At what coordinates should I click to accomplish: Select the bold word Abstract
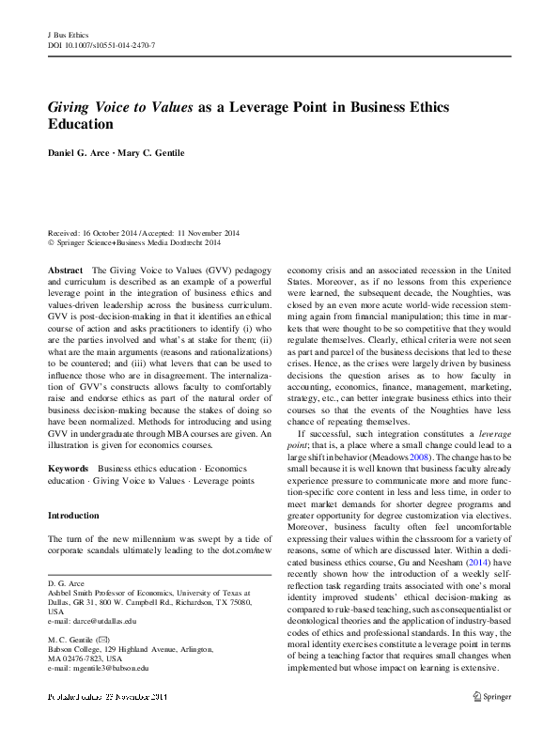pyautogui.click(x=64, y=268)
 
